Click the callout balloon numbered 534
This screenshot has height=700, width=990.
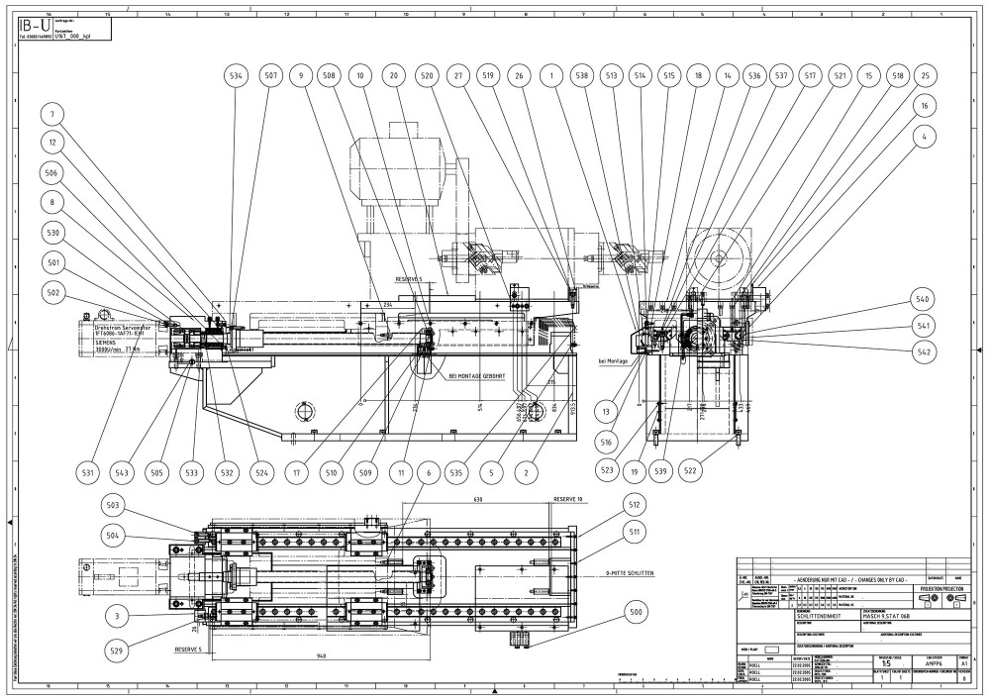pyautogui.click(x=235, y=76)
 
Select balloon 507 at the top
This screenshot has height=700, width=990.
pyautogui.click(x=270, y=76)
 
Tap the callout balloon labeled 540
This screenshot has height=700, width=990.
pyautogui.click(x=922, y=300)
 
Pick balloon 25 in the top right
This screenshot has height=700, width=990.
pyautogui.click(x=925, y=76)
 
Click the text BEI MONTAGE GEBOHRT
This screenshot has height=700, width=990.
pyautogui.click(x=479, y=376)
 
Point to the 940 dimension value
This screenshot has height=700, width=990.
pyautogui.click(x=319, y=655)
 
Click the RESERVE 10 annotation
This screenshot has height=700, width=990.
pyautogui.click(x=569, y=500)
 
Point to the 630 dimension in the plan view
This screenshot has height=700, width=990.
pyautogui.click(x=478, y=500)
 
